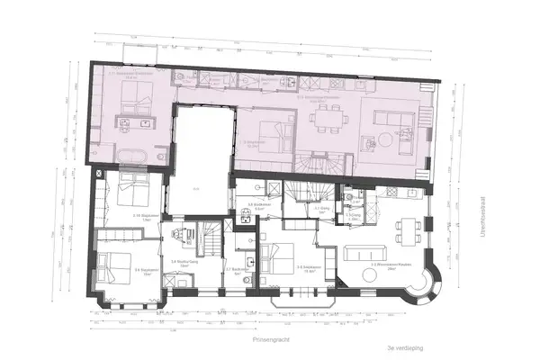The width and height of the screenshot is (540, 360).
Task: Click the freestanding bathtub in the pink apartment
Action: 135,155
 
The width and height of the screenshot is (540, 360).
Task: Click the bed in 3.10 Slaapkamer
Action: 127,192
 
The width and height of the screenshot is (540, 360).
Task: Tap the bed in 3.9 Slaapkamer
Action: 114,265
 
